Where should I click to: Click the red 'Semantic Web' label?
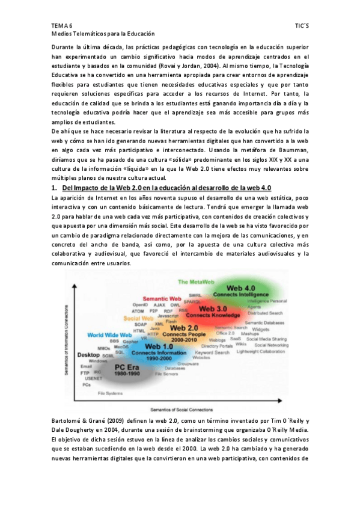point(162,298)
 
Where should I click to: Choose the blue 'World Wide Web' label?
point(109,334)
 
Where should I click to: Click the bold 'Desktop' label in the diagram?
point(88,355)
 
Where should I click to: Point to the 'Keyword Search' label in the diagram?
point(216,352)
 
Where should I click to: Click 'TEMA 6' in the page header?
point(62,27)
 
